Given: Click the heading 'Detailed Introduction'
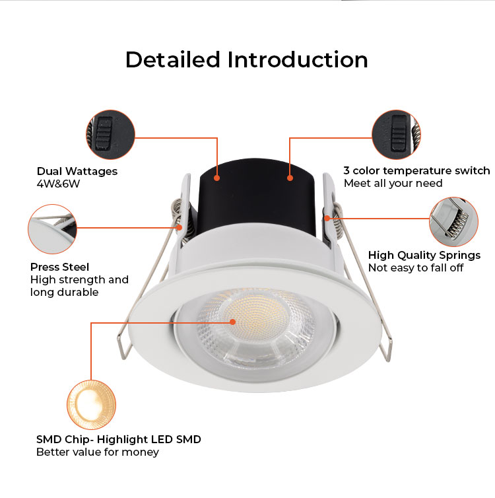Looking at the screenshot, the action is coord(247,60).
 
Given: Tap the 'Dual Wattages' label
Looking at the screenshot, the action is coord(77,171).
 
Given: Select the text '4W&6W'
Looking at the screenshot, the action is coord(58,184).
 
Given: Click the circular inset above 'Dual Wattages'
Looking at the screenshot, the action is coord(110,135).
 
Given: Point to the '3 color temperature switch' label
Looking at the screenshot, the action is coord(416,171).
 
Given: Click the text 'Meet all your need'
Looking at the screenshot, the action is coord(393,183).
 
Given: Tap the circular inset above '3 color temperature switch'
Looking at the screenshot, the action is coord(396,135).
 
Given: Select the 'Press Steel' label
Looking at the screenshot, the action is coord(59,267).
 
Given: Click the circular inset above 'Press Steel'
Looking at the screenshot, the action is coord(52,229).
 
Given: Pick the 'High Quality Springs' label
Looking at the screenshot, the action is coord(424,255).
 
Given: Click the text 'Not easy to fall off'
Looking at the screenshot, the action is coord(416,267).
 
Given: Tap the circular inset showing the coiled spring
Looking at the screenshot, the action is coord(453,222).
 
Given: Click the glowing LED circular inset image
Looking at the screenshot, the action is coord(91,405).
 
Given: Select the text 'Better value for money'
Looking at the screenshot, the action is coord(98,452).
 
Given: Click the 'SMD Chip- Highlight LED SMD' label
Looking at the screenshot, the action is coord(119,439).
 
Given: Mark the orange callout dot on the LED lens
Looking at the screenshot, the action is coord(232,322).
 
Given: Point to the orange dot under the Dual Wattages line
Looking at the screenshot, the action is coord(216,178).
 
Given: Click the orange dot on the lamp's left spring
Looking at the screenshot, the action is coord(180,227).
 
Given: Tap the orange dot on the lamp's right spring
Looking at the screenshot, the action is coord(327,218).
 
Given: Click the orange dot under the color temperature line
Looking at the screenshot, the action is coord(290,178).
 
